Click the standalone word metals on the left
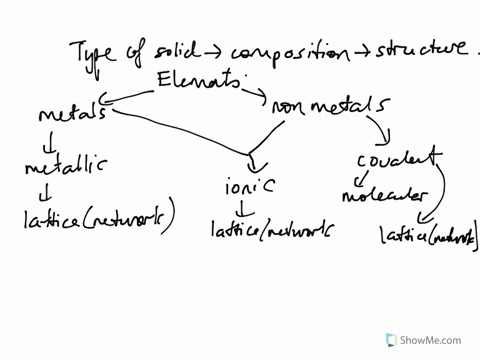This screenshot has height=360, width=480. [x=72, y=113]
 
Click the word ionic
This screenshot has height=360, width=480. [x=248, y=186]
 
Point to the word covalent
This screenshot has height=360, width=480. [x=398, y=157]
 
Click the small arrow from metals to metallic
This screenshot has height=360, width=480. [x=47, y=139]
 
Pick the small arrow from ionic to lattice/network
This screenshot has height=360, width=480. [x=243, y=209]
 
